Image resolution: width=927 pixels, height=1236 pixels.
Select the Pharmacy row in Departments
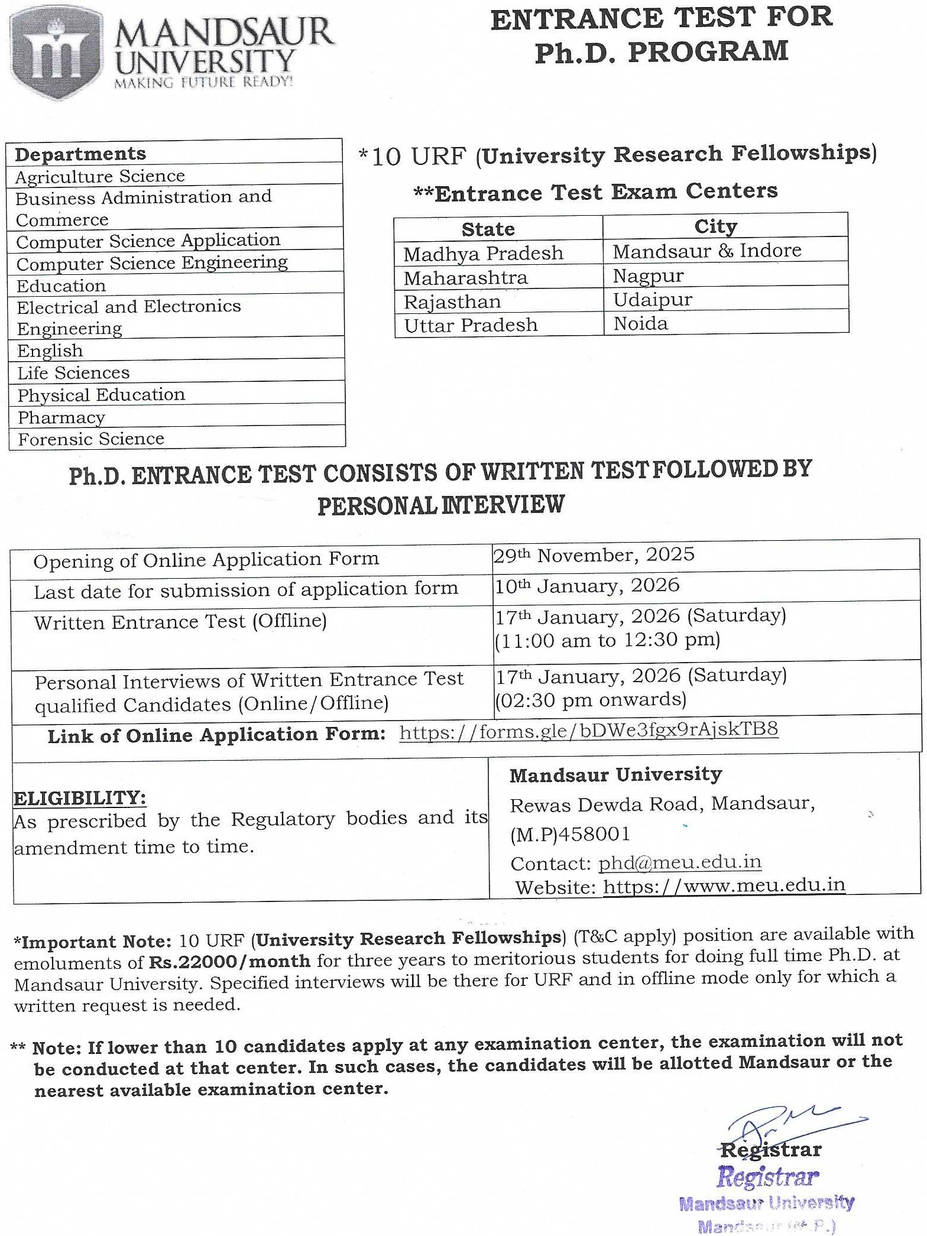pyautogui.click(x=61, y=417)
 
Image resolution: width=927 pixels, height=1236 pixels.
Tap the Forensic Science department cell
pyautogui.click(x=91, y=439)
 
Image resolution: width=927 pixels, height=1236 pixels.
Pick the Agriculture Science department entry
pyautogui.click(x=100, y=176)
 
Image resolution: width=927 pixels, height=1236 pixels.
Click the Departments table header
pyautogui.click(x=80, y=154)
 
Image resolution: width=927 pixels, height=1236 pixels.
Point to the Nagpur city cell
pyautogui.click(x=648, y=276)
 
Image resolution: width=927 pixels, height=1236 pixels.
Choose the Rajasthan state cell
pyautogui.click(x=452, y=302)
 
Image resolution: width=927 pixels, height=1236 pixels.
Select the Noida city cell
pyautogui.click(x=641, y=324)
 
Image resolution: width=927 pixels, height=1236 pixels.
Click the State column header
pyautogui.click(x=488, y=229)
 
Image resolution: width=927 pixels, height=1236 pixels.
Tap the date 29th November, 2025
pyautogui.click(x=594, y=555)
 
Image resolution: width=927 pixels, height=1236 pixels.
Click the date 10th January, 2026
pyautogui.click(x=587, y=586)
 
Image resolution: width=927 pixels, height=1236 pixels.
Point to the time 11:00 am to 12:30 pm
pyautogui.click(x=608, y=641)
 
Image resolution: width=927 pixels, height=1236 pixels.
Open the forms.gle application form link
pyautogui.click(x=588, y=731)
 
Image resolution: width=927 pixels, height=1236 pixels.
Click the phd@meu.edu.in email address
pyautogui.click(x=680, y=862)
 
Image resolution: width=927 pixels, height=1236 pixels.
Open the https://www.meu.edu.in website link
pyautogui.click(x=724, y=885)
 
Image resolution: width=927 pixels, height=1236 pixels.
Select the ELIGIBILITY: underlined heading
pyautogui.click(x=80, y=798)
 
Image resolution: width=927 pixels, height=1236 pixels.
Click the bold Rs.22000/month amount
pyautogui.click(x=229, y=962)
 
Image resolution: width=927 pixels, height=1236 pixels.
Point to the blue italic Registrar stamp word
pyautogui.click(x=767, y=1177)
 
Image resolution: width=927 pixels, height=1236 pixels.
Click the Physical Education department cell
pyautogui.click(x=101, y=395)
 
